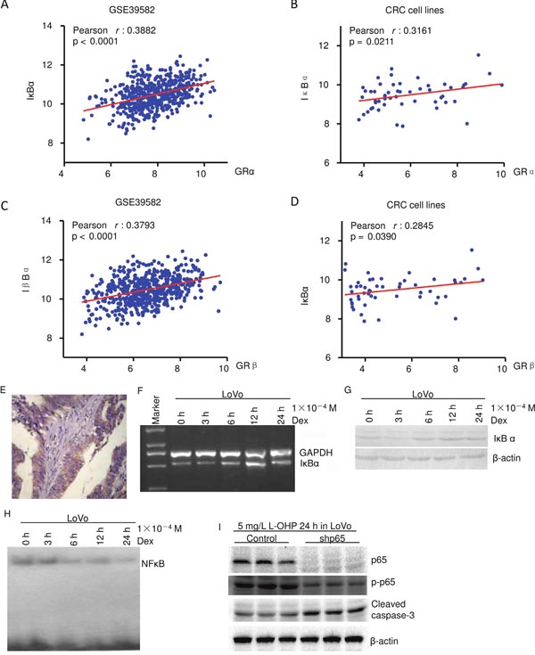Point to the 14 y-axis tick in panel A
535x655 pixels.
(47, 26)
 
